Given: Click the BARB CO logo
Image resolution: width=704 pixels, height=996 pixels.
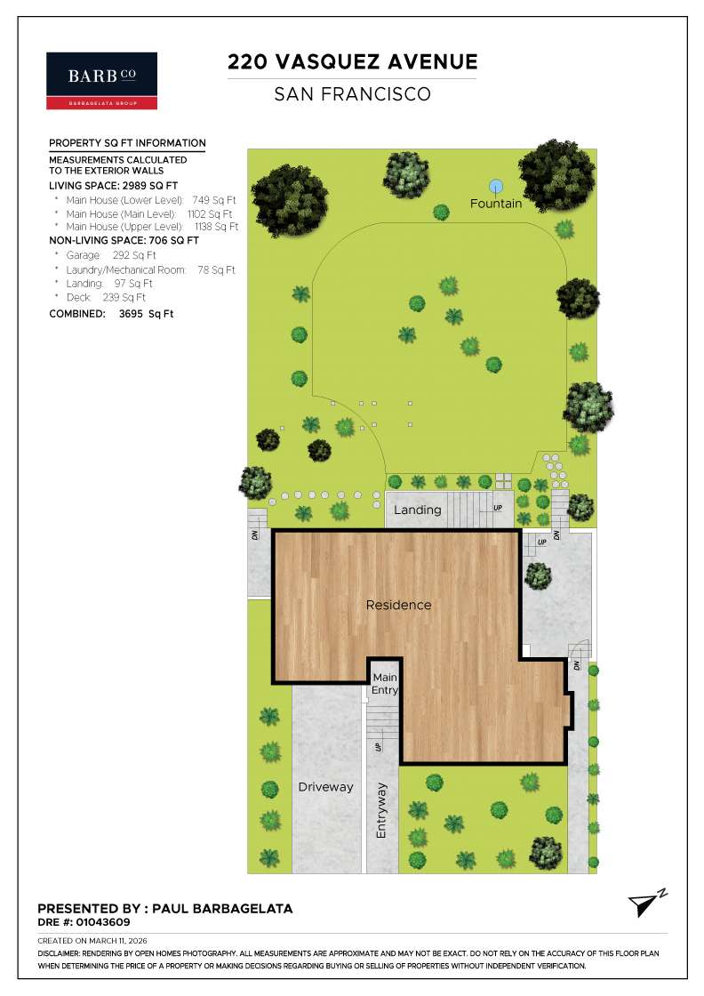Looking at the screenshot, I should (101, 80).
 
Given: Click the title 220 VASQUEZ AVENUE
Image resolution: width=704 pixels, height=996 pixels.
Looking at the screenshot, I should (352, 61).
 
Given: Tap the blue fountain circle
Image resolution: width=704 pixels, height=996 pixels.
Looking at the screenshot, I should (496, 186).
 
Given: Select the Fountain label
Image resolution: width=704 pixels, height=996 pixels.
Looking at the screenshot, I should (496, 204).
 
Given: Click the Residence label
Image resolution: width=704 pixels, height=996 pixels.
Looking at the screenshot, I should (399, 605).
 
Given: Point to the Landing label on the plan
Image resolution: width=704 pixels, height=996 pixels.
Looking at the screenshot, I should (418, 510).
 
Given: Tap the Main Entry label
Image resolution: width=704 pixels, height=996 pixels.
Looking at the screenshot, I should (385, 684).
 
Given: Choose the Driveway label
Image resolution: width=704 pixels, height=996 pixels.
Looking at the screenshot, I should (325, 787).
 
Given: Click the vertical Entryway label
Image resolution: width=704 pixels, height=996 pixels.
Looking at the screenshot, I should (381, 810).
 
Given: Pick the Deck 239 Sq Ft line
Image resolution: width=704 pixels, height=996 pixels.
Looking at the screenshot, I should (105, 297).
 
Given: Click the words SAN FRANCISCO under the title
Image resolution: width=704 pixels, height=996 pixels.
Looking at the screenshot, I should (352, 93).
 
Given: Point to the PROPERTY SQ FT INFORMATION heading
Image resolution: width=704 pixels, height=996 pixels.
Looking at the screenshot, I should (127, 142).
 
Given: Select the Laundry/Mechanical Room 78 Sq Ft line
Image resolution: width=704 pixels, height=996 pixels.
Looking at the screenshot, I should (150, 269).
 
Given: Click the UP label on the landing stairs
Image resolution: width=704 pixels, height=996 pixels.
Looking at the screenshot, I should (497, 509).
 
